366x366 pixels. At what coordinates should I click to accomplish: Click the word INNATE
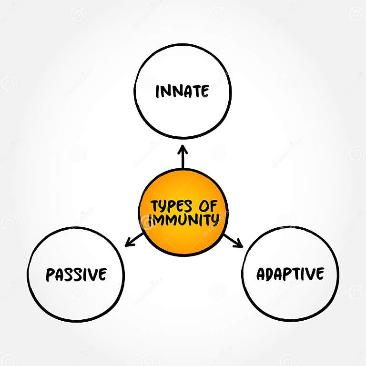(182, 91)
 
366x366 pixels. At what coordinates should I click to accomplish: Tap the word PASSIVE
(76, 274)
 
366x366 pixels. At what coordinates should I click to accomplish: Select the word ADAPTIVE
(290, 274)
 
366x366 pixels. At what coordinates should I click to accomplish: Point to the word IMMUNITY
(183, 221)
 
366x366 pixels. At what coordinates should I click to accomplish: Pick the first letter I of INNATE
(158, 91)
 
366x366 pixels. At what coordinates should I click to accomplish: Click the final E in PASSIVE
(102, 274)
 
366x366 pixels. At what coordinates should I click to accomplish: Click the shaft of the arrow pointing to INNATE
(183, 161)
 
